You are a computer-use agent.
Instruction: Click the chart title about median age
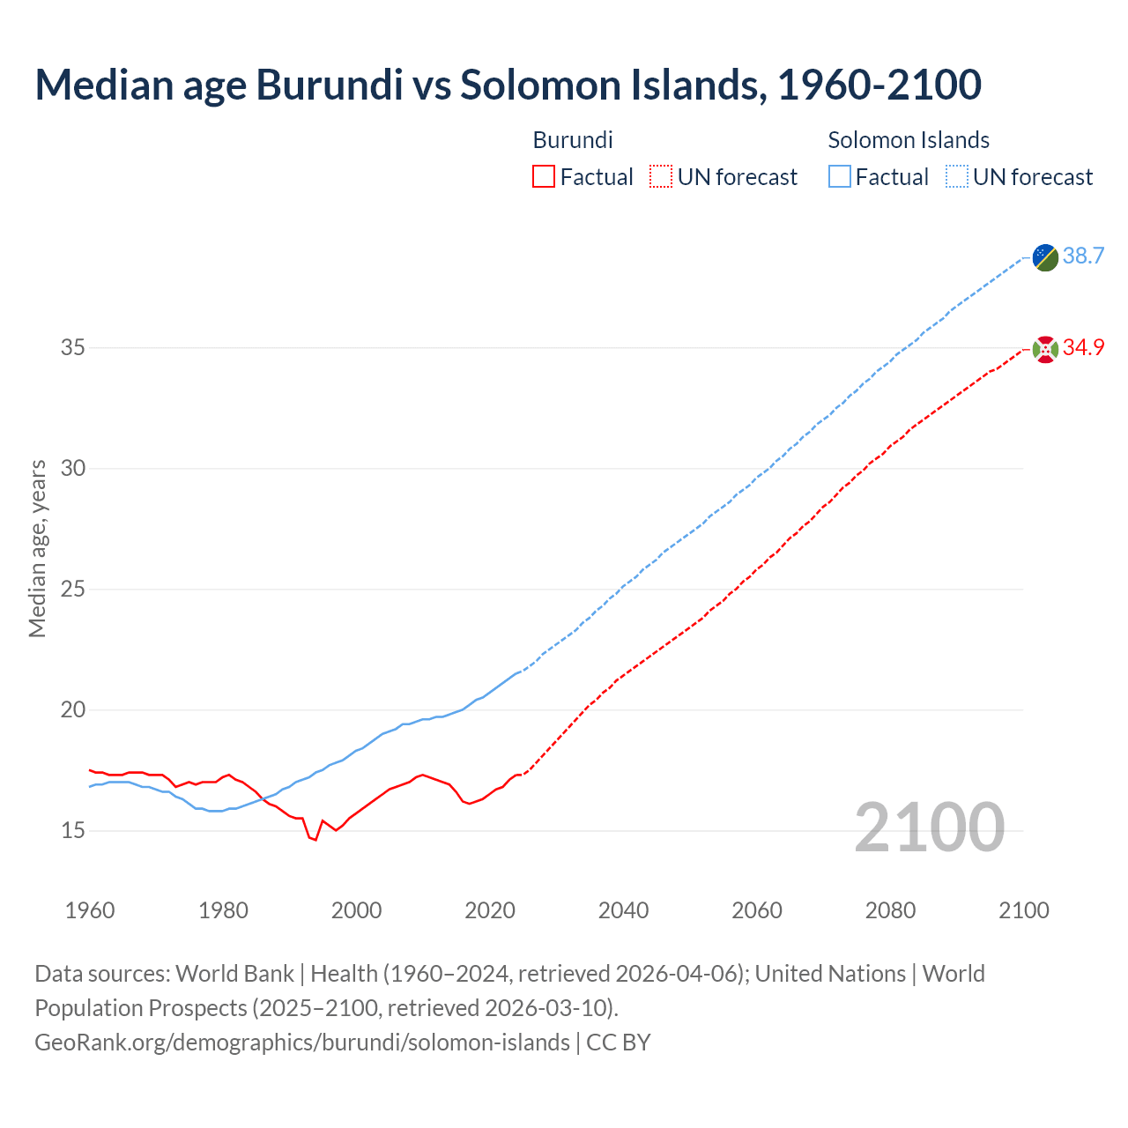click(x=508, y=85)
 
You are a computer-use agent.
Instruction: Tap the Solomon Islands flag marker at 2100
click(x=1045, y=257)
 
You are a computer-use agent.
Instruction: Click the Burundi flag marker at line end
click(x=1045, y=349)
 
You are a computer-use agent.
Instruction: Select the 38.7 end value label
click(x=1083, y=256)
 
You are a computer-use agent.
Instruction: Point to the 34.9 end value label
click(x=1083, y=347)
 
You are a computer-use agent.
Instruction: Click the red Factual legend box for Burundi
click(x=544, y=177)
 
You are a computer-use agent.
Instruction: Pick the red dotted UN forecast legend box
click(x=661, y=177)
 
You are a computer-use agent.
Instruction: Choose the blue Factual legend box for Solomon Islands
click(x=840, y=177)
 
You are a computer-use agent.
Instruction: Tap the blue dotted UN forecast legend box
click(x=957, y=177)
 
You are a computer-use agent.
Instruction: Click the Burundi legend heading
click(x=573, y=140)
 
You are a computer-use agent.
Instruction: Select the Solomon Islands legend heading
click(x=909, y=140)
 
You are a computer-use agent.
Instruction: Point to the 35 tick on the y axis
click(x=73, y=348)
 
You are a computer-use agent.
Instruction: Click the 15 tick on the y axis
click(x=73, y=830)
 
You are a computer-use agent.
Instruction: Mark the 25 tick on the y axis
click(x=73, y=589)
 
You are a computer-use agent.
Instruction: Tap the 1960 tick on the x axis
click(x=90, y=910)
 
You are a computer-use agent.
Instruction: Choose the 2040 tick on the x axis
click(x=623, y=910)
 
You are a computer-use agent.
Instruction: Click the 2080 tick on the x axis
click(x=890, y=910)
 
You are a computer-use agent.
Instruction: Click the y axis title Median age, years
click(x=37, y=548)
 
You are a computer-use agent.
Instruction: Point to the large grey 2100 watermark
click(x=929, y=827)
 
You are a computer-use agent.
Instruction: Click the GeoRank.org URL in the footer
click(x=302, y=1043)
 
